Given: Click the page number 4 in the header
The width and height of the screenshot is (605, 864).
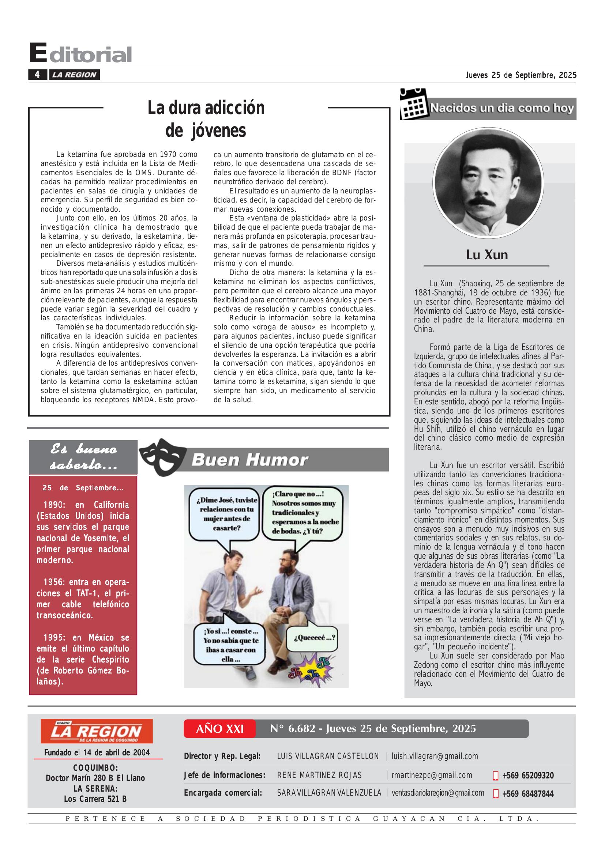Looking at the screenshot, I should pos(37,75).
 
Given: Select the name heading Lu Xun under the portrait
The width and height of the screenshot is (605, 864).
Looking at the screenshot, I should pos(486,255).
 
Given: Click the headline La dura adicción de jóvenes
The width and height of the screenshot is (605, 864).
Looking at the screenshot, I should pos(206,119).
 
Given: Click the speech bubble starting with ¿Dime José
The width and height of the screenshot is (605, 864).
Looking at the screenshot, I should pos(226,513).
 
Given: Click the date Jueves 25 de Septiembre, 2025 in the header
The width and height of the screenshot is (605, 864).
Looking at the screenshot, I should pos(521,75).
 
